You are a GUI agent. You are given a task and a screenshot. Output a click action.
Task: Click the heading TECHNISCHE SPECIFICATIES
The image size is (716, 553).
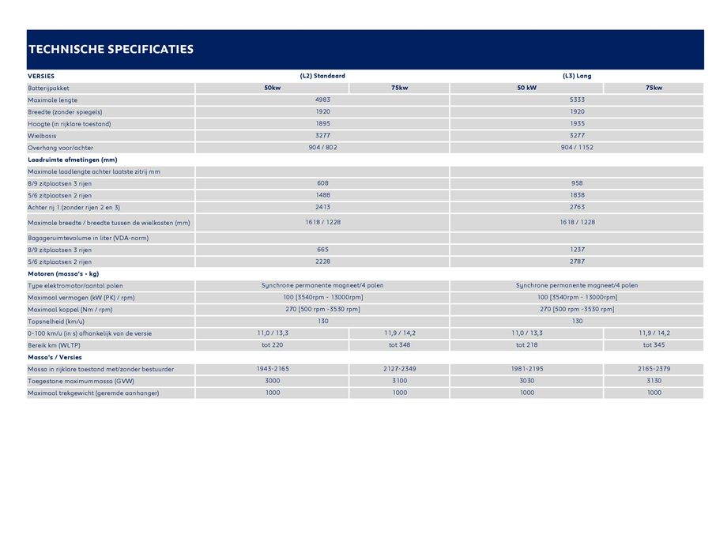point(111,49)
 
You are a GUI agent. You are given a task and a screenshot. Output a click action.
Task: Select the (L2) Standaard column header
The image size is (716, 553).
point(322,76)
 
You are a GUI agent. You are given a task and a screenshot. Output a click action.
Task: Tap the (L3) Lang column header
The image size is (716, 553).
point(577,76)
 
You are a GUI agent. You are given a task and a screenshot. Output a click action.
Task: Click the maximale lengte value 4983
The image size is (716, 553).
point(322,100)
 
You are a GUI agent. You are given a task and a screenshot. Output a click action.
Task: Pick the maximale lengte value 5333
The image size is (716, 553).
point(577,100)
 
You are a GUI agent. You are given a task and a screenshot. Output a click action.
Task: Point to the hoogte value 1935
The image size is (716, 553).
point(577,124)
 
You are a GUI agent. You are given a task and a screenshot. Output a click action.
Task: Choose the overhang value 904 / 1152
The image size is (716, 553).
point(577,148)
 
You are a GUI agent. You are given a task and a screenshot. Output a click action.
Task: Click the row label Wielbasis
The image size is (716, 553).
point(43,136)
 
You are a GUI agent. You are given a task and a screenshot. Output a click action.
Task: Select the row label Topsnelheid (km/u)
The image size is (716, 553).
point(56,322)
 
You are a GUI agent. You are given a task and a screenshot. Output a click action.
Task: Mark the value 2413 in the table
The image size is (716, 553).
point(322,207)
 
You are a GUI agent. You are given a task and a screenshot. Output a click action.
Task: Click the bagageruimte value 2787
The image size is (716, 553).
point(577,261)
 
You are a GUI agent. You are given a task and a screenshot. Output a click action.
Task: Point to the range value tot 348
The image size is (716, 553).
point(399,345)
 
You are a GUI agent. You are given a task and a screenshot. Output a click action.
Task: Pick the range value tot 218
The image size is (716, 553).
point(526,345)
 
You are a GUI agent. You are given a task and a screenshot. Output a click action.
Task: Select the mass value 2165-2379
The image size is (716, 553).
point(654,369)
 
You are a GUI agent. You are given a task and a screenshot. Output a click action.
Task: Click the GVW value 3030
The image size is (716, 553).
point(526,381)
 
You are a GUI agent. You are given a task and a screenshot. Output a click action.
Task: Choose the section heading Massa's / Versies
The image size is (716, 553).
point(55,357)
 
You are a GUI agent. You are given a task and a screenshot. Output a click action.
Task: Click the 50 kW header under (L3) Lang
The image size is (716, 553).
point(526,88)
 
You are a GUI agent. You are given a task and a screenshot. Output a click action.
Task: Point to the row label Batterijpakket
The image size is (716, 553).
point(49,88)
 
